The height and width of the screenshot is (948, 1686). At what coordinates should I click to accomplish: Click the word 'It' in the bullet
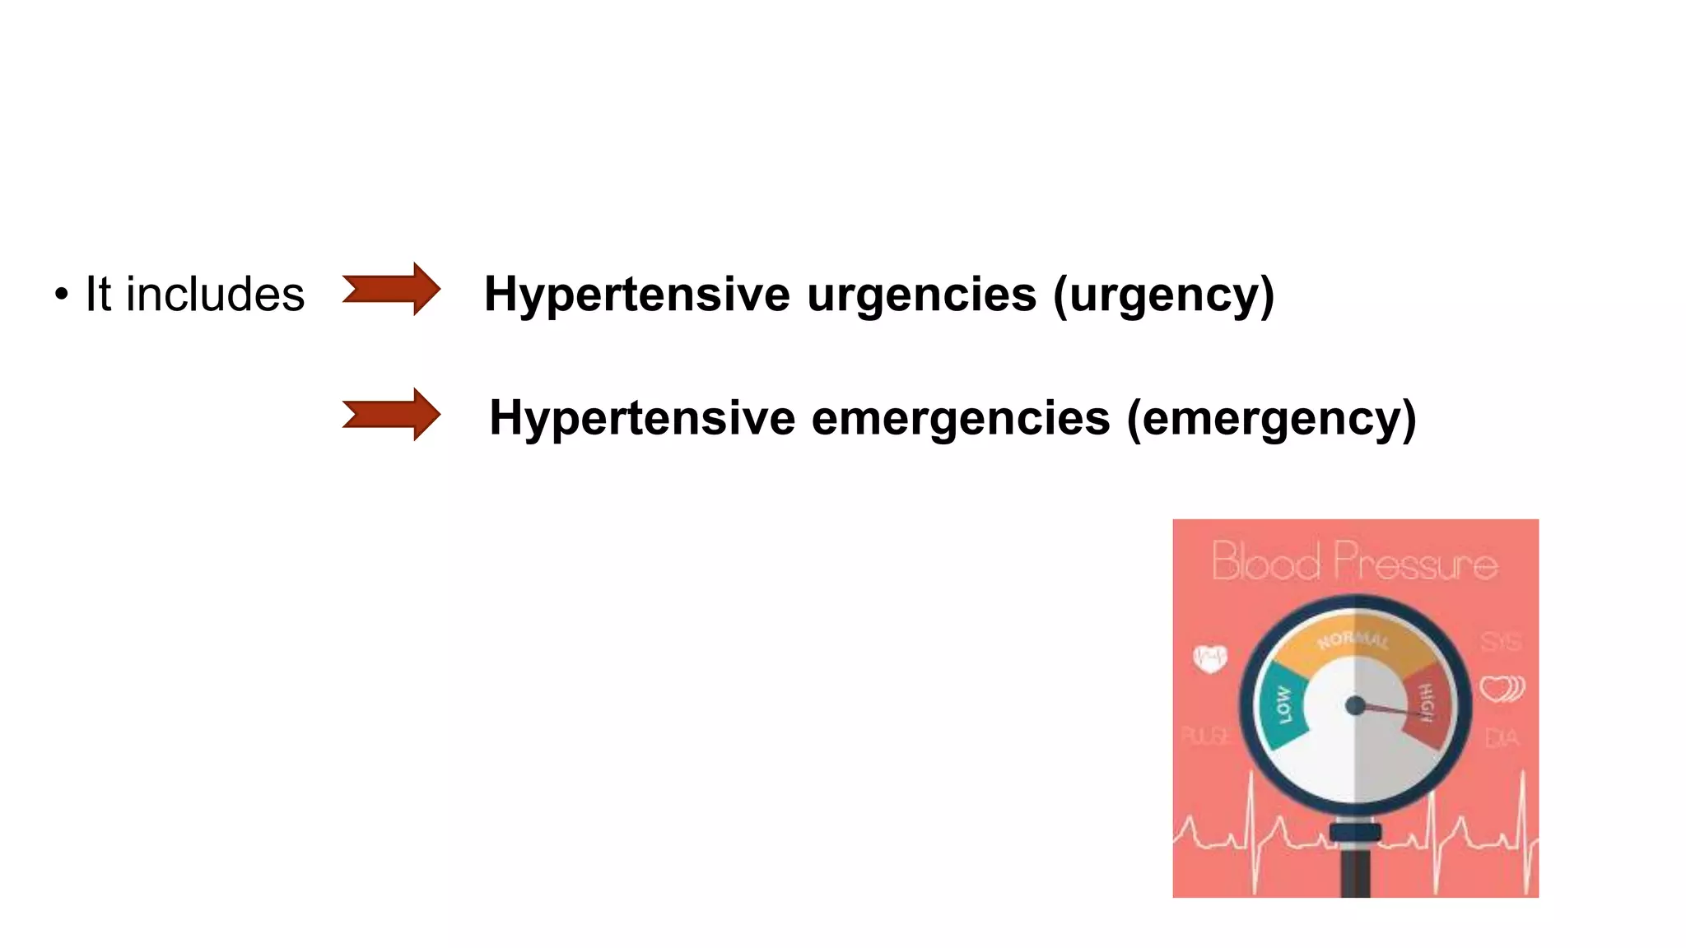point(98,295)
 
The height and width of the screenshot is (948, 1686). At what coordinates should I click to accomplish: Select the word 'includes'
point(215,295)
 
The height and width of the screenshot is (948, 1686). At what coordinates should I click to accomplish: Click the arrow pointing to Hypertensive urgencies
point(391,289)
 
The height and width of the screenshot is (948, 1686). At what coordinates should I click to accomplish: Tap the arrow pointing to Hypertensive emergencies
point(391,415)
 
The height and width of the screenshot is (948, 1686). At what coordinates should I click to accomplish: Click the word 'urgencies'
point(921,295)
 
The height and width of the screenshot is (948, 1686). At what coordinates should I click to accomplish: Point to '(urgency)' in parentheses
point(1163,295)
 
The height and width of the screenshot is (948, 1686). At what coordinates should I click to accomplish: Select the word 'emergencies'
point(960,418)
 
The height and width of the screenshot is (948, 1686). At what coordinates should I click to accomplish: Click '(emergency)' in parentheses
point(1271,418)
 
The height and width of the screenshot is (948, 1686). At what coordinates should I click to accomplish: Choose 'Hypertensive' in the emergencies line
point(642,418)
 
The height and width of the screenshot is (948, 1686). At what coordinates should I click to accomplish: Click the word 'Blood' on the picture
point(1265,562)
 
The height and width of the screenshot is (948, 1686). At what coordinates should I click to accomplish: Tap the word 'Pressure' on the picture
point(1415,562)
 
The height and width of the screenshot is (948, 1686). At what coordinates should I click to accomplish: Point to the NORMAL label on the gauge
point(1353,639)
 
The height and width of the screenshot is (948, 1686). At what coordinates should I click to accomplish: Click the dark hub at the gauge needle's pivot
point(1354,705)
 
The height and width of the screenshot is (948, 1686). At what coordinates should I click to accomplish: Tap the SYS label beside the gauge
point(1501,641)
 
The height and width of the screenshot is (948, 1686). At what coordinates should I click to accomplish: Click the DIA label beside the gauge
point(1501,737)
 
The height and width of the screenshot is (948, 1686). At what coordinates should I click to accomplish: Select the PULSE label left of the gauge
point(1205,735)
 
